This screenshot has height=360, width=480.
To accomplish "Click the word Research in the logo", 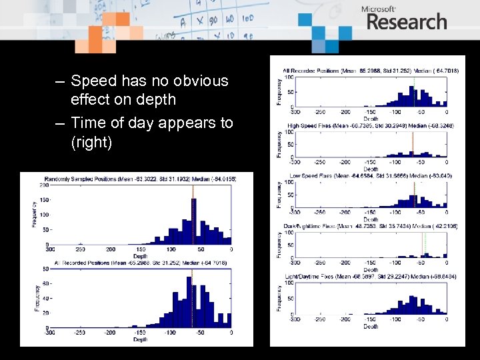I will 406,22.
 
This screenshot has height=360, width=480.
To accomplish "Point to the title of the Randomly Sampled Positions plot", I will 140,179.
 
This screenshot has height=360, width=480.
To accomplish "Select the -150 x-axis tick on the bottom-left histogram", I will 140,333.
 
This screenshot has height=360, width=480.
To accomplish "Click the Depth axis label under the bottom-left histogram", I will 139,340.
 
